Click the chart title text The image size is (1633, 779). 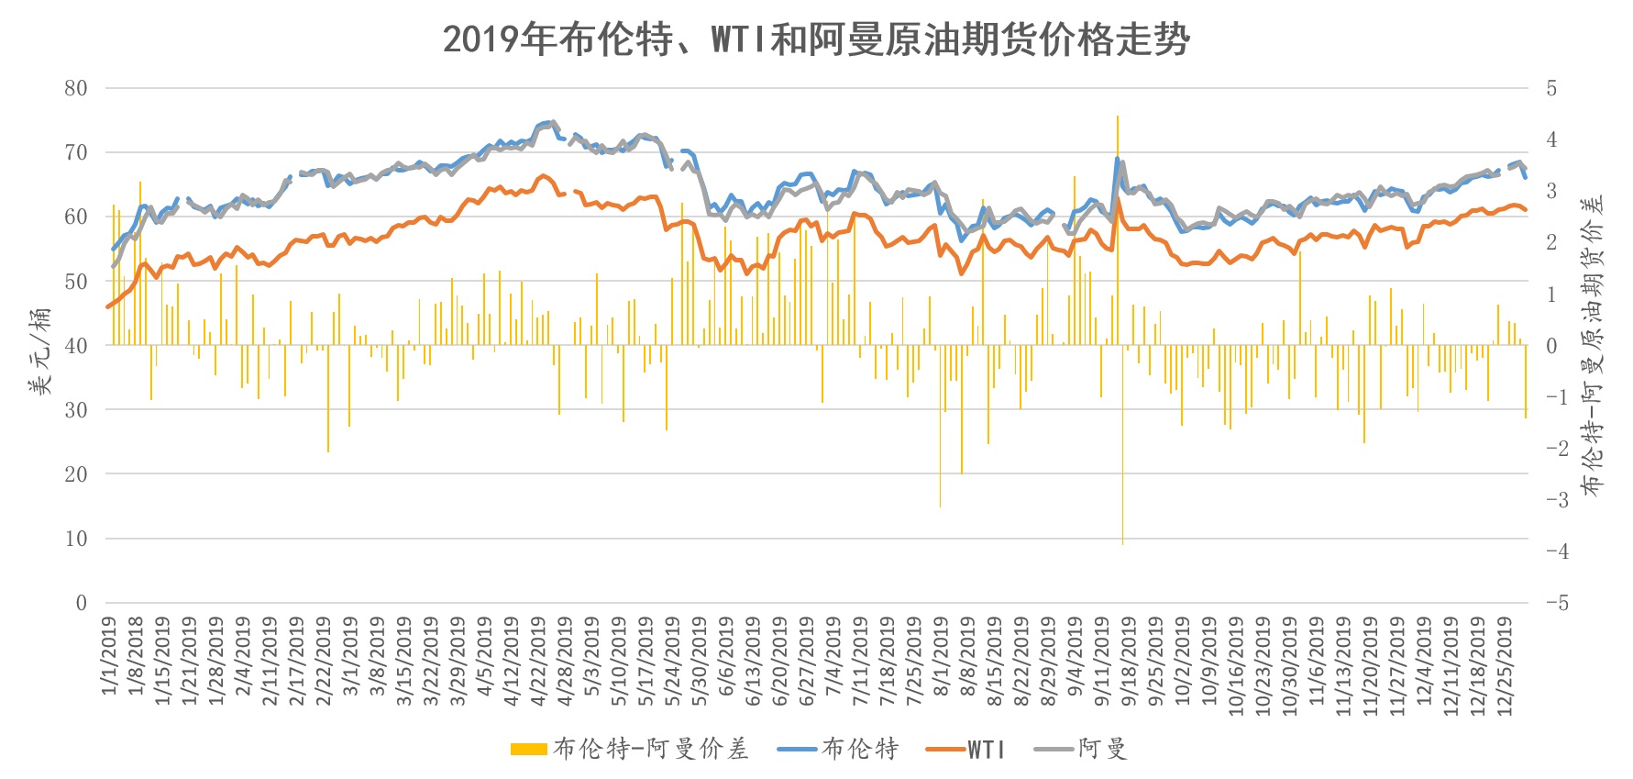tap(816, 39)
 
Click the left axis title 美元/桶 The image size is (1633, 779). tap(39, 351)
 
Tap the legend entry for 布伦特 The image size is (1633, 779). tap(838, 750)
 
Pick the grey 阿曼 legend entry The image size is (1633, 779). tap(1080, 750)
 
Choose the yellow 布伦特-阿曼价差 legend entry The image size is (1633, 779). tap(630, 750)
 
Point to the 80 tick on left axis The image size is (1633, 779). tap(76, 88)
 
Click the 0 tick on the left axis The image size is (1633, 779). tap(82, 603)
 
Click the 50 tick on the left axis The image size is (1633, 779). tap(76, 282)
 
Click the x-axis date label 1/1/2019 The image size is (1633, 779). tap(110, 655)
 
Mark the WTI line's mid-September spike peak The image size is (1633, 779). tap(1118, 199)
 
